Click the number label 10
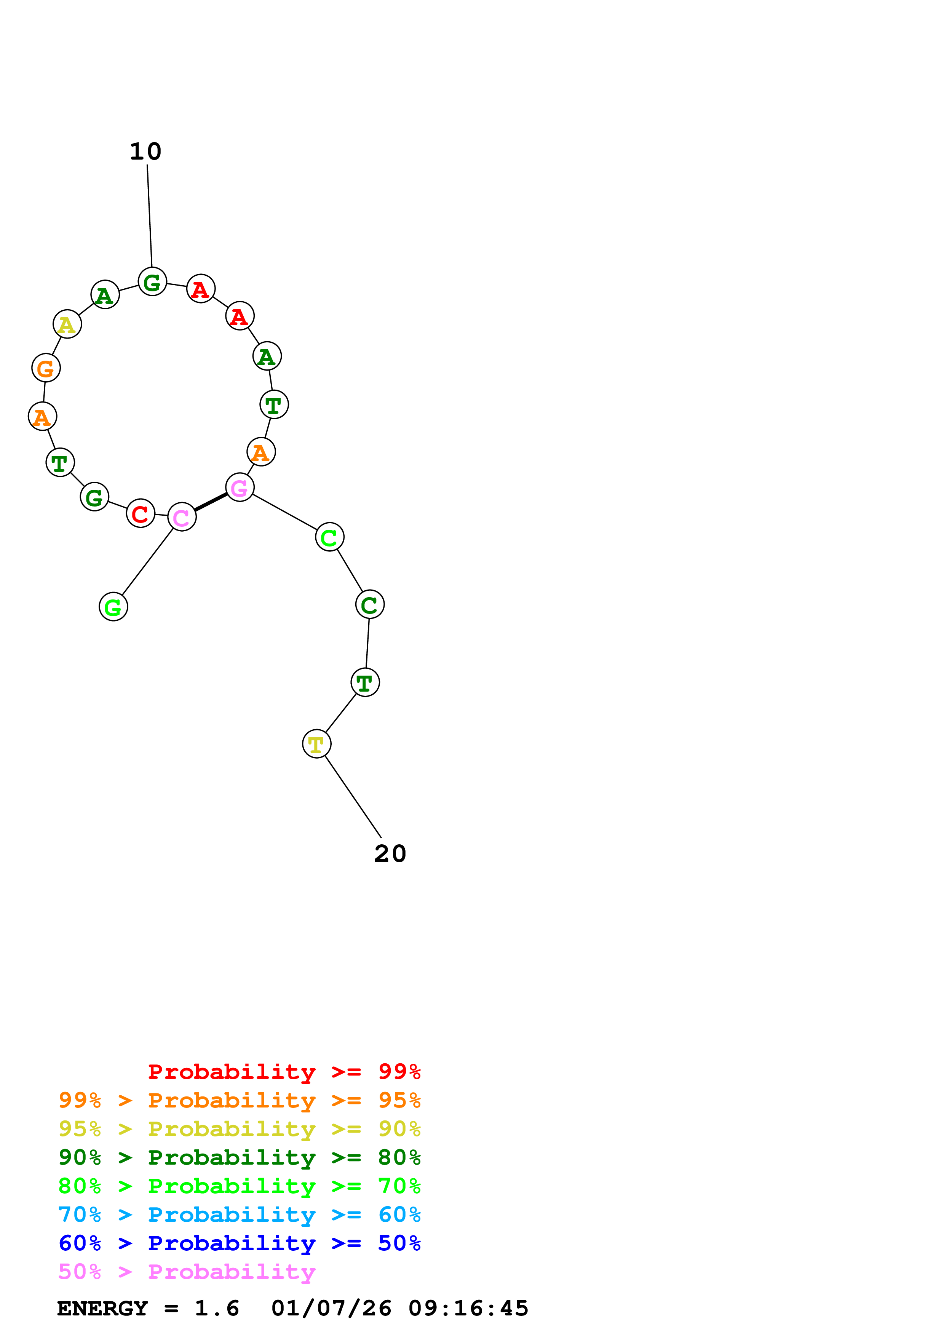coord(145,152)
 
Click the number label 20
coord(390,853)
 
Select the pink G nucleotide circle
coord(240,487)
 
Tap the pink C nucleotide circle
coord(182,517)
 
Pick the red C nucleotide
coord(140,513)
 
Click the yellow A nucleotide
coord(67,324)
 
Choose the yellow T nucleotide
coord(316,744)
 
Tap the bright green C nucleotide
coord(329,537)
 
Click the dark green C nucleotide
coord(369,604)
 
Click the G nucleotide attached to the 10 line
coord(152,282)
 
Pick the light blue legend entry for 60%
coord(239,1215)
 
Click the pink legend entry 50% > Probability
coord(187,1272)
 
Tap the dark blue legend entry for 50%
coord(239,1243)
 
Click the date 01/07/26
coord(331,1309)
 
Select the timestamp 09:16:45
coord(468,1309)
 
